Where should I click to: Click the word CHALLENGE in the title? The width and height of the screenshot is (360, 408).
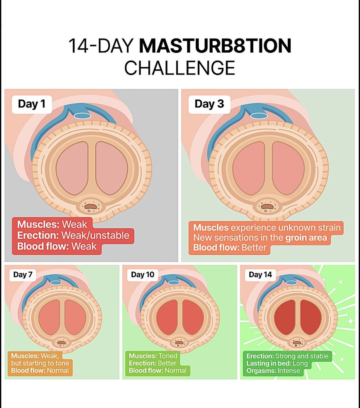pyautogui.click(x=179, y=67)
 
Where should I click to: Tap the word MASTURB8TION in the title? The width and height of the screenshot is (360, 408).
pyautogui.click(x=215, y=46)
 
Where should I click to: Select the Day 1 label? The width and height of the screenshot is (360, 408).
pyautogui.click(x=32, y=104)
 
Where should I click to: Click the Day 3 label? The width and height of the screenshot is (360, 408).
pyautogui.click(x=209, y=104)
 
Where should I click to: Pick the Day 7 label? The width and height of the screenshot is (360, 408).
pyautogui.click(x=23, y=275)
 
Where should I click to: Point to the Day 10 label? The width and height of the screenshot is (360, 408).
pyautogui.click(x=143, y=275)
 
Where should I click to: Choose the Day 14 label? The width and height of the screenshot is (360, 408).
pyautogui.click(x=260, y=275)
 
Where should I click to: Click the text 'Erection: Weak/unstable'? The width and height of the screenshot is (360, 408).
pyautogui.click(x=73, y=235)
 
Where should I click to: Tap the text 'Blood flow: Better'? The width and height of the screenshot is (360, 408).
pyautogui.click(x=230, y=247)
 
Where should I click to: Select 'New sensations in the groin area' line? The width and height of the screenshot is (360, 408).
pyautogui.click(x=260, y=237)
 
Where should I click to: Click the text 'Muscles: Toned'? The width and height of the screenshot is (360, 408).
pyautogui.click(x=153, y=356)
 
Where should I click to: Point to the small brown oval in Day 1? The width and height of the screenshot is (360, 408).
pyautogui.click(x=90, y=206)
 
